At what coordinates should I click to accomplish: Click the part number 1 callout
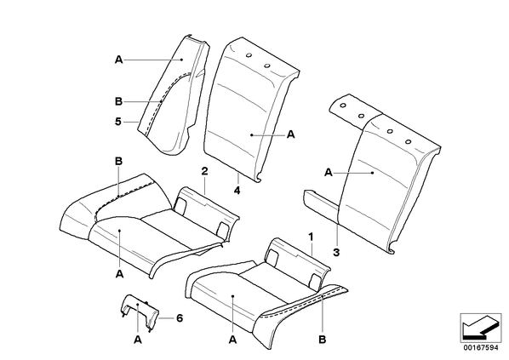[x=311, y=237]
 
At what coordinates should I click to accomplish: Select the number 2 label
[x=204, y=171]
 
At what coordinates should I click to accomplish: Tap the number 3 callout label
[x=336, y=252]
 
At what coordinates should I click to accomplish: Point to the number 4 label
[x=237, y=191]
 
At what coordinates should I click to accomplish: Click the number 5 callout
[x=118, y=122]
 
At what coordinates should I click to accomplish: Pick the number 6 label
[x=180, y=318]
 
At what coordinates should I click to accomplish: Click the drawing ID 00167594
[x=480, y=348]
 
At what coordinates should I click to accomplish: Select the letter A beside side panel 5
[x=119, y=60]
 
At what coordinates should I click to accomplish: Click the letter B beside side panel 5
[x=119, y=101]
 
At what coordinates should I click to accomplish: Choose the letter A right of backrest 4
[x=291, y=134]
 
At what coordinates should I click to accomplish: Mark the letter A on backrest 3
[x=329, y=173]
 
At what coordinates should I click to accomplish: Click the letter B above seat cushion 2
[x=119, y=161]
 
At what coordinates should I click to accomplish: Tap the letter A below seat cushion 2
[x=119, y=274]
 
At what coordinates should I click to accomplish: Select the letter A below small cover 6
[x=138, y=340]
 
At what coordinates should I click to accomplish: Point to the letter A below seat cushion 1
[x=232, y=340]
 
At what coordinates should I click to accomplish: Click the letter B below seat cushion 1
[x=322, y=340]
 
